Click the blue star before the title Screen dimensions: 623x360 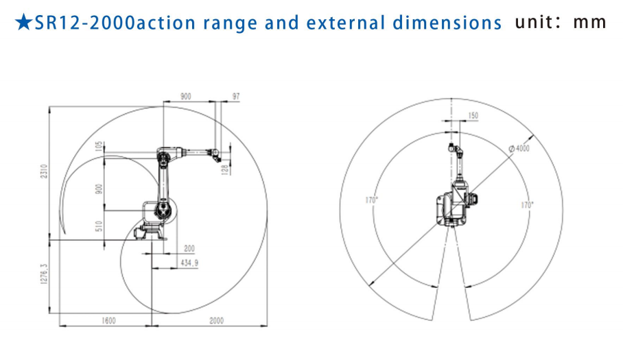[x=23, y=22]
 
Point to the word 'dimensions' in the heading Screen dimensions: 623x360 [x=447, y=23]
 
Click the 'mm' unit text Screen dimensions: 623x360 [x=589, y=23]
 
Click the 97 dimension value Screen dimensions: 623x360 [x=236, y=96]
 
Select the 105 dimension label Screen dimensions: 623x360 [x=99, y=146]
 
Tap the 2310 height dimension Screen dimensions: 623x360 [x=44, y=171]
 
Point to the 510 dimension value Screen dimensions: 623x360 [x=99, y=226]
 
